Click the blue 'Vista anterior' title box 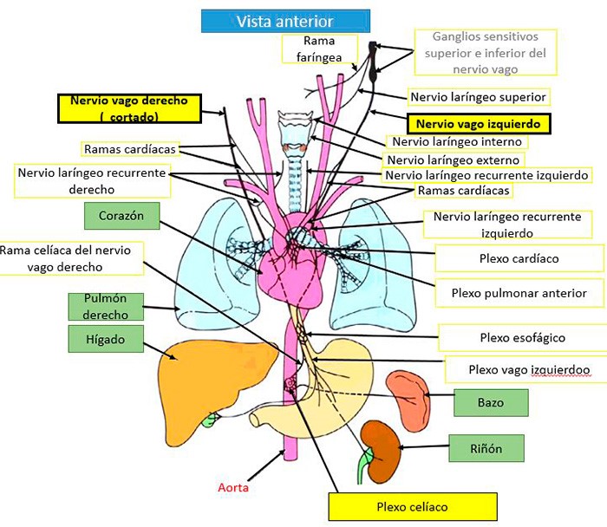pyautogui.click(x=285, y=21)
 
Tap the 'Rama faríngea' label pyautogui.click(x=319, y=49)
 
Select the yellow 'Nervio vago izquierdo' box pyautogui.click(x=478, y=124)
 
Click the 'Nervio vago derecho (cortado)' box pyautogui.click(x=129, y=108)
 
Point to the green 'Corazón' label pyautogui.click(x=121, y=216)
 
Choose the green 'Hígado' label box pyautogui.click(x=106, y=339)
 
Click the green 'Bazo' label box pyautogui.click(x=491, y=402)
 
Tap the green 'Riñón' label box pyautogui.click(x=486, y=448)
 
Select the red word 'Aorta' pyautogui.click(x=233, y=487)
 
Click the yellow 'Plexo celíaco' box pyautogui.click(x=413, y=506)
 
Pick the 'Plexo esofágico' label pyautogui.click(x=523, y=338)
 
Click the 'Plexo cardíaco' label pyautogui.click(x=519, y=258)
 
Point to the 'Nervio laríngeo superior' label pyautogui.click(x=478, y=97)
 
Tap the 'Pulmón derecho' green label pyautogui.click(x=106, y=307)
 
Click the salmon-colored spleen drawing pyautogui.click(x=408, y=400)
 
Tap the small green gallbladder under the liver pyautogui.click(x=209, y=420)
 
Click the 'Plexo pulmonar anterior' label pyautogui.click(x=519, y=293)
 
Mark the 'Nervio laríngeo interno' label pyautogui.click(x=457, y=141)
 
